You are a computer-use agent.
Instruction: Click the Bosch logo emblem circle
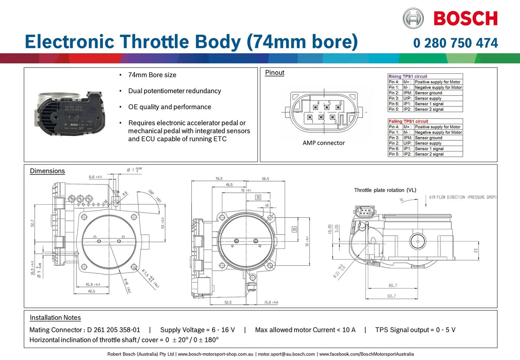(x=413, y=18)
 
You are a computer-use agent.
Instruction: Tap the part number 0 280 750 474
(x=456, y=43)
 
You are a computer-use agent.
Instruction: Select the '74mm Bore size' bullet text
(x=152, y=75)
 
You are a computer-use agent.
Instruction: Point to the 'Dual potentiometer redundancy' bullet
(x=175, y=91)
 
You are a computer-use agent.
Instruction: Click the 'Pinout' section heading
(x=275, y=73)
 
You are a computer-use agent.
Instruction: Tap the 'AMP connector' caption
(x=324, y=143)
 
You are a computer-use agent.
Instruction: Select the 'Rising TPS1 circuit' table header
(x=408, y=76)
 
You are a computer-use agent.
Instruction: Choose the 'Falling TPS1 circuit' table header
(x=408, y=121)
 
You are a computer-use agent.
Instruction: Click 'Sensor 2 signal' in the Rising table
(x=429, y=109)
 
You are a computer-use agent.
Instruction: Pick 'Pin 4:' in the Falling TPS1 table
(x=394, y=127)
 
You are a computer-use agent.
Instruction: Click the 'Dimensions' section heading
(x=47, y=171)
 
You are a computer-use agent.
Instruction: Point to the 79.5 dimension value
(x=219, y=178)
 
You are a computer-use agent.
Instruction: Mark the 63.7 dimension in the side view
(x=392, y=296)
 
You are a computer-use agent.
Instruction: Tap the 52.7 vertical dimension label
(x=32, y=223)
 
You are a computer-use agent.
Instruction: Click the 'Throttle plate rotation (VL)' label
(x=385, y=190)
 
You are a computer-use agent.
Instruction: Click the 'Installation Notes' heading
(x=55, y=318)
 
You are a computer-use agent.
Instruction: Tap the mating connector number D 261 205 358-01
(x=113, y=330)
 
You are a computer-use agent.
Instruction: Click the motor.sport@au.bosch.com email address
(x=286, y=354)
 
